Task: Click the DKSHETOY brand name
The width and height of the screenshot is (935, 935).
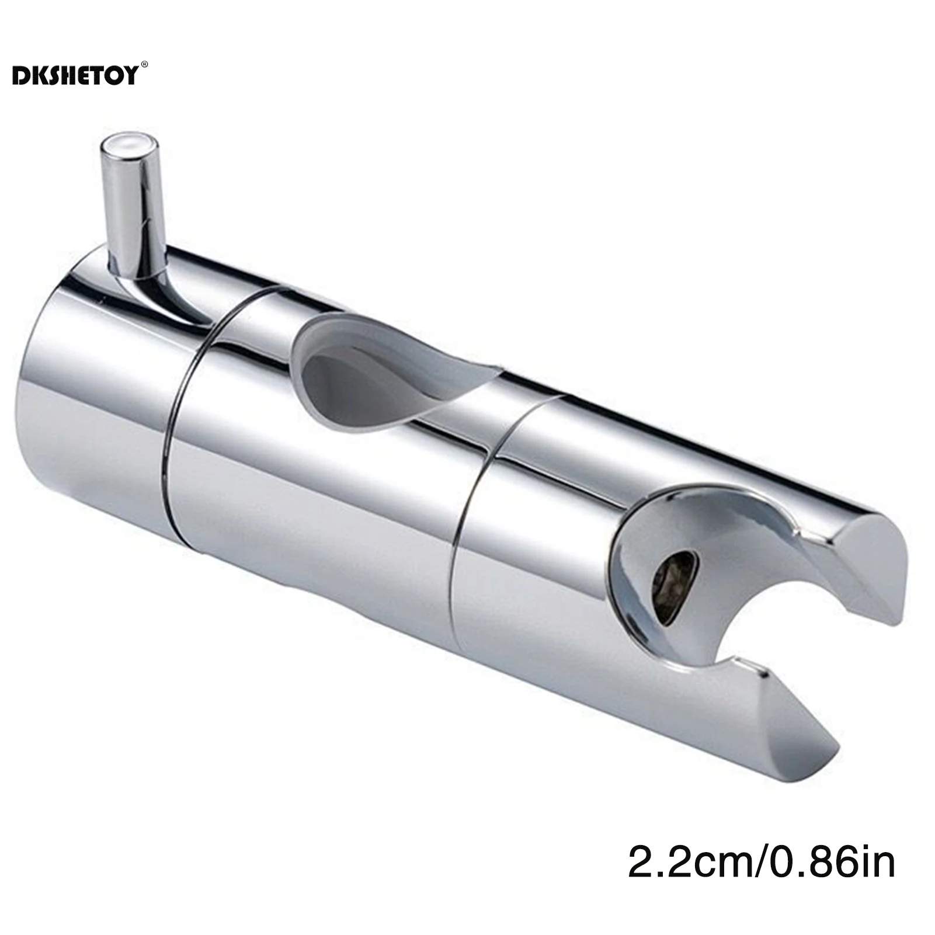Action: point(75,75)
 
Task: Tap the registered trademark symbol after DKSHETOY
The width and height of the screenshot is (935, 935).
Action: point(145,65)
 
